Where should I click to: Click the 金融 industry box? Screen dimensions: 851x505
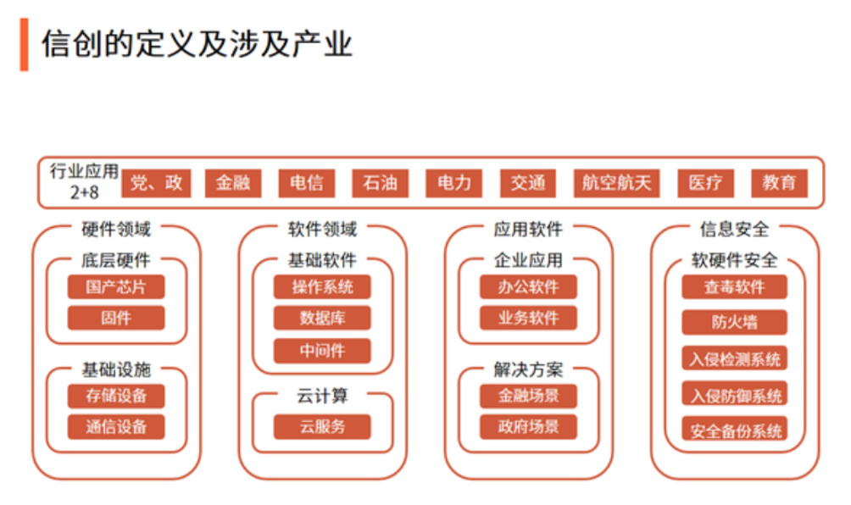point(233,183)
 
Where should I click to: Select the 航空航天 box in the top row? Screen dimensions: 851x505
point(616,183)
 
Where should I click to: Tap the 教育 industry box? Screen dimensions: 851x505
point(779,183)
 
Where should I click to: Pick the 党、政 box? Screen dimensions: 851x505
point(156,183)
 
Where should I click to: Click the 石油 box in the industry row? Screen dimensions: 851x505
point(380,183)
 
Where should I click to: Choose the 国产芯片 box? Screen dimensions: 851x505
point(116,287)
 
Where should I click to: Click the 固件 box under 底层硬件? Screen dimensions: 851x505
point(116,318)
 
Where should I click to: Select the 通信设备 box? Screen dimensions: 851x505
point(116,427)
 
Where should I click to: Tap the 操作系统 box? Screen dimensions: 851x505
point(322,287)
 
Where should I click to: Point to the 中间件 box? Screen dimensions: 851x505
point(322,351)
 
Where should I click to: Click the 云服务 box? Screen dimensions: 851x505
point(322,427)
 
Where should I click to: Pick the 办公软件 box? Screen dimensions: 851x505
point(528,287)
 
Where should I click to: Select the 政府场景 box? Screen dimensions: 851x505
point(528,427)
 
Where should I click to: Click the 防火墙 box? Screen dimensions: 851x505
point(734,322)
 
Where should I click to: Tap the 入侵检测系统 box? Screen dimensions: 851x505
point(734,358)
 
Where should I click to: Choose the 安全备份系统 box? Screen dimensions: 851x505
point(734,430)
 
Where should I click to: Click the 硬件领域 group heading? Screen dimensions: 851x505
point(116,230)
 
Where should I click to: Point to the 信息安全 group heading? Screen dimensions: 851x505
point(734,230)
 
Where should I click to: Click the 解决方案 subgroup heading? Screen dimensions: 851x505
point(528,370)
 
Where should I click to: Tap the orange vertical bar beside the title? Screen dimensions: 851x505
point(24,44)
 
